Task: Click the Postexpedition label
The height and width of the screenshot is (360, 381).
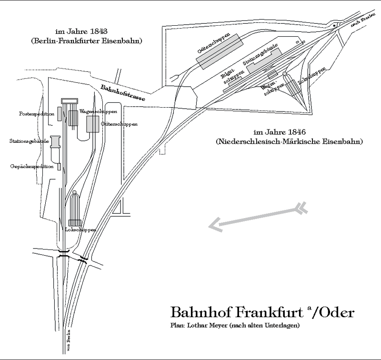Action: (37, 114)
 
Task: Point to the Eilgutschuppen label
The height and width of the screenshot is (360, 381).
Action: (228, 78)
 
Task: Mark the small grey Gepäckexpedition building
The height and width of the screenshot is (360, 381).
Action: (59, 166)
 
